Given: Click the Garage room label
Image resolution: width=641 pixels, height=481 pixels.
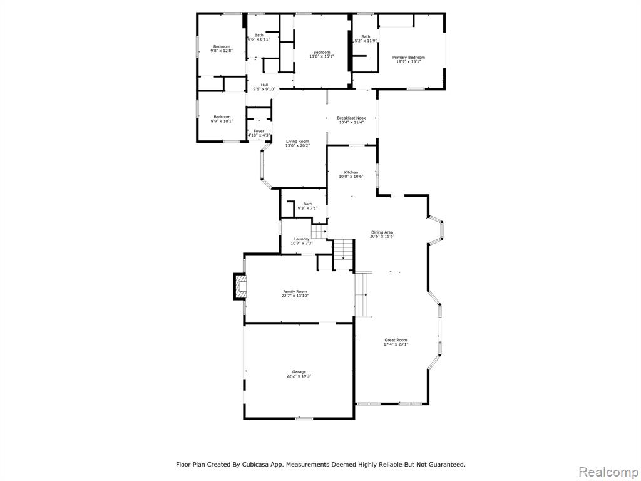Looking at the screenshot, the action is (x=299, y=372).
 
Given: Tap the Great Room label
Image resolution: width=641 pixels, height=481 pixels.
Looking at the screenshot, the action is (x=396, y=340).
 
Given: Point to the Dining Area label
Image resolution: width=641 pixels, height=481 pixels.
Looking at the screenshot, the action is (x=382, y=232).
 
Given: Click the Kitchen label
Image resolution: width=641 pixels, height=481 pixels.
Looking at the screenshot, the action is (x=351, y=173).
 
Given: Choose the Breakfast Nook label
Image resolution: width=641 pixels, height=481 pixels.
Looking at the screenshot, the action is (x=351, y=118).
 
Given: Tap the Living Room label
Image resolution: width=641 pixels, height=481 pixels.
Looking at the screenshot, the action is (x=297, y=141).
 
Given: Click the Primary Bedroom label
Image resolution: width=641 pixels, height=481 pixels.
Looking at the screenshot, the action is (x=408, y=58).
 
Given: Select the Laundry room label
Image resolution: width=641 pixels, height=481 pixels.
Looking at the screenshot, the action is (x=302, y=239).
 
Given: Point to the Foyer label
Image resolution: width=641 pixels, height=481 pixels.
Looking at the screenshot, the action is (x=259, y=132).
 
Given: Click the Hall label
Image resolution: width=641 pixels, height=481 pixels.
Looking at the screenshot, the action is (x=265, y=85).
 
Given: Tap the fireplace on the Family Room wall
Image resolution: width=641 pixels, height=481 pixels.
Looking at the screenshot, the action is (x=240, y=286).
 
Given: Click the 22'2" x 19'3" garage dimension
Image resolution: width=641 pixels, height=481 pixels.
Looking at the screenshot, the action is (x=299, y=376).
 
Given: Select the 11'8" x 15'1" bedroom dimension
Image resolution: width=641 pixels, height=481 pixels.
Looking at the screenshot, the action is (x=322, y=56).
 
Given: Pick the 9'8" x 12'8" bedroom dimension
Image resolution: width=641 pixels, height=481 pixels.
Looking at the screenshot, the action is (x=222, y=51).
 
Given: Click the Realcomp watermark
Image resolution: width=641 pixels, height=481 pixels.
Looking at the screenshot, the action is (x=608, y=472).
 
